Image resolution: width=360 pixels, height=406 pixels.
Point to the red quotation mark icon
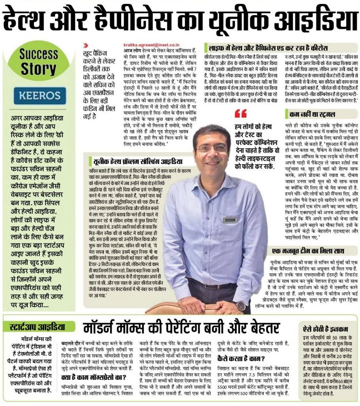(x=240, y=114)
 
